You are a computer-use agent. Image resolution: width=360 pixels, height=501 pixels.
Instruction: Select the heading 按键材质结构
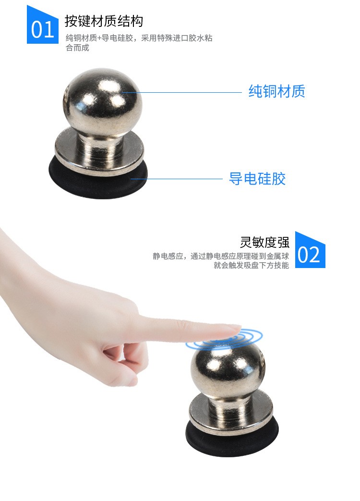click(104, 21)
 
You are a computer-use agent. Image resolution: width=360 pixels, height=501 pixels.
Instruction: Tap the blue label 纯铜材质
click(276, 91)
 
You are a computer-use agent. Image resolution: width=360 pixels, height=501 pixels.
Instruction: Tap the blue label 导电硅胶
click(257, 179)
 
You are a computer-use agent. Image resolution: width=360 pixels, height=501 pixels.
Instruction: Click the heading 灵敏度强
click(264, 241)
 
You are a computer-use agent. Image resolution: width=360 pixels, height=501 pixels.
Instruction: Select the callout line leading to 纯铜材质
click(182, 92)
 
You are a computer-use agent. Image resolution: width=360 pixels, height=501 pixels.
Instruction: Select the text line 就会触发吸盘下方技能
click(251, 265)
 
